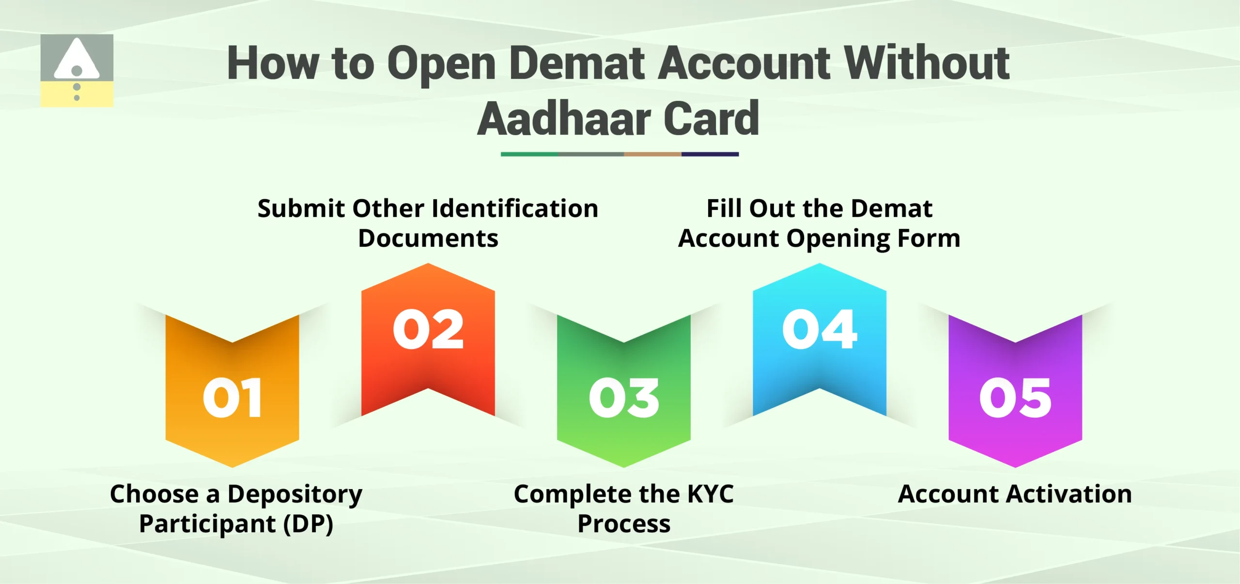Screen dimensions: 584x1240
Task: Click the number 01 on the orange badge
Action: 232,397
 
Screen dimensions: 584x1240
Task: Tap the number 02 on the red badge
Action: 428,330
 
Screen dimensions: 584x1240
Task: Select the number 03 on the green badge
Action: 624,397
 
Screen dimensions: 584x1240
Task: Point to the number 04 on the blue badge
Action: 820,330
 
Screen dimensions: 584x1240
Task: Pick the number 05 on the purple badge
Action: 1015,397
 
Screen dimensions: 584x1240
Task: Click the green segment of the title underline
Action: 529,154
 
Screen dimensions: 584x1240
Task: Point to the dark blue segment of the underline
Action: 710,154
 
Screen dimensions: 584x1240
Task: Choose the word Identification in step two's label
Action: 515,209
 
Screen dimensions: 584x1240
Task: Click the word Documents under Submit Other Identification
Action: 428,238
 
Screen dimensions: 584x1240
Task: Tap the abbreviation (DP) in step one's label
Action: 309,524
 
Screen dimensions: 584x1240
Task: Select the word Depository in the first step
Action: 294,494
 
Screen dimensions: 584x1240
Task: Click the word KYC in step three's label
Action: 710,494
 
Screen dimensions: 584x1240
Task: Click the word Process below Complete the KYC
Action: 624,524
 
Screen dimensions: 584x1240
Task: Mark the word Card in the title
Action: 711,119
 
